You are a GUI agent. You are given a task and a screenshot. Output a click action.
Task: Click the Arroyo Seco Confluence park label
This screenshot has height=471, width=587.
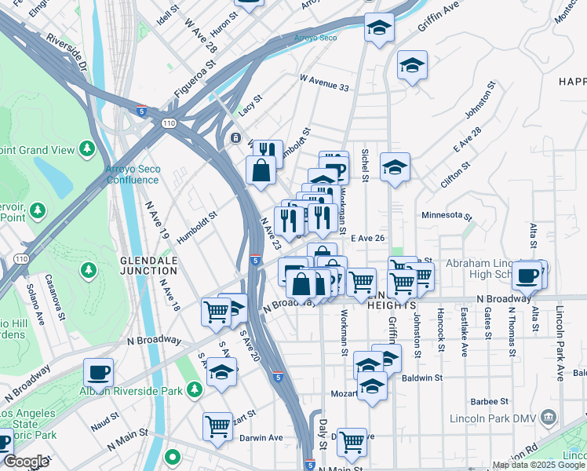pyautogui.click(x=133, y=173)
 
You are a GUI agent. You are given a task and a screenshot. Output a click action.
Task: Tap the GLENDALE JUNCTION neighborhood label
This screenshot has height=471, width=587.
pyautogui.click(x=148, y=265)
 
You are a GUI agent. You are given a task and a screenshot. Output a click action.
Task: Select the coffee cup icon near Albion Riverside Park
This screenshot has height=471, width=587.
pyautogui.click(x=99, y=371)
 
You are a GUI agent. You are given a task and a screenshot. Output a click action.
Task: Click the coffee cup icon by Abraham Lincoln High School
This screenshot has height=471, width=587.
pyautogui.click(x=530, y=276)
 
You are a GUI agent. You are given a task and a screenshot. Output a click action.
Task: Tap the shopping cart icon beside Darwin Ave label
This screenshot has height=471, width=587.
pyautogui.click(x=217, y=426)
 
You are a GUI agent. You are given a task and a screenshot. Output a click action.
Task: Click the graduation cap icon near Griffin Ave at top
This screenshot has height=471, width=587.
pyautogui.click(x=379, y=30)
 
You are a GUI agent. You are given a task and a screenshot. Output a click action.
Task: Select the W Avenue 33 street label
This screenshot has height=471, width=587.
pyautogui.click(x=324, y=86)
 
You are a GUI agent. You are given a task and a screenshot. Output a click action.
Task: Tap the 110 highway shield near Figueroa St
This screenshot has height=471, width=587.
pyautogui.click(x=170, y=123)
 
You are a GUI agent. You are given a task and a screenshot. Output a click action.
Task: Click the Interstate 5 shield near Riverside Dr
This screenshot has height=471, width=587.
pyautogui.click(x=141, y=110)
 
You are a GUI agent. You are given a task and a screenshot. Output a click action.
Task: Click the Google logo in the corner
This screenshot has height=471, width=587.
pyautogui.click(x=26, y=462)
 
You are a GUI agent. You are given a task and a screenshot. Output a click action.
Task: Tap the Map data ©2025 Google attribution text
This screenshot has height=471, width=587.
pyautogui.click(x=538, y=465)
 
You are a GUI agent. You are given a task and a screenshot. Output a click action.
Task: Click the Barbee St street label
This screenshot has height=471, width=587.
pyautogui.click(x=481, y=400)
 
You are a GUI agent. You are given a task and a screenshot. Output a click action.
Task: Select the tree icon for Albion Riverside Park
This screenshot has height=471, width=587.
pyautogui.click(x=195, y=389)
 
